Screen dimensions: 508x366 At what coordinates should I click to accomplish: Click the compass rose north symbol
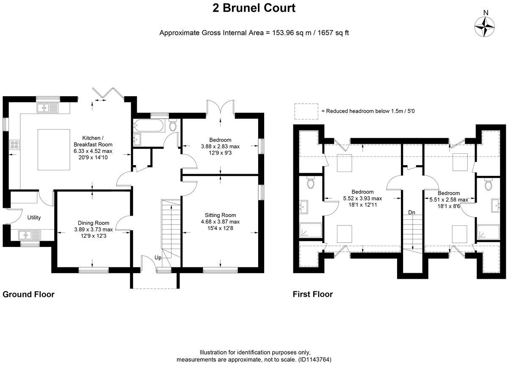pos(484,27)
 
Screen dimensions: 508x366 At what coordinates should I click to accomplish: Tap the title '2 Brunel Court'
pos(254,8)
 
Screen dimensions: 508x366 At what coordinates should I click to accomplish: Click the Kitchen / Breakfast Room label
pos(93,141)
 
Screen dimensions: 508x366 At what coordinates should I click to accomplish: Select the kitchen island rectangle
pos(54,150)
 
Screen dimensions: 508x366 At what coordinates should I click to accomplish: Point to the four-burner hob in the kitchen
pos(14,144)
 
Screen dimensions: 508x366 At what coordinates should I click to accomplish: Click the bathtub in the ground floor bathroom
pos(149,125)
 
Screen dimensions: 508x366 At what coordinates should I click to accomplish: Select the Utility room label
pos(34,217)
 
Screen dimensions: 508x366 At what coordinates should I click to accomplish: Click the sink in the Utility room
pos(30,235)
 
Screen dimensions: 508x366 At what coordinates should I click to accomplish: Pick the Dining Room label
pos(94,223)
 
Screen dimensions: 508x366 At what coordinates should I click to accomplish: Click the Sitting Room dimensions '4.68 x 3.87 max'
pos(220,222)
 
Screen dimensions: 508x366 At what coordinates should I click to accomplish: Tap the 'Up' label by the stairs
pos(158,258)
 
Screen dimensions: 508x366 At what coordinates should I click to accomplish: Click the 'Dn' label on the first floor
pos(411,212)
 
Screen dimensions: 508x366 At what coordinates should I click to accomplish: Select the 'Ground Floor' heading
pos(29,294)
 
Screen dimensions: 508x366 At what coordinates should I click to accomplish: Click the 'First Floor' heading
pos(313,294)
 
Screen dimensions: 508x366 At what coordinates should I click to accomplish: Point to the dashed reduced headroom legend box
pos(306,111)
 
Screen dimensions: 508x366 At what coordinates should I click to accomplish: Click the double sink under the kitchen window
pos(47,108)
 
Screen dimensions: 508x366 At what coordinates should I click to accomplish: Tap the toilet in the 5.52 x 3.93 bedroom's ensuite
pos(310,182)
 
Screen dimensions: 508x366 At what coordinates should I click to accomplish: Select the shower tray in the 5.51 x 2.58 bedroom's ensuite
pos(489,232)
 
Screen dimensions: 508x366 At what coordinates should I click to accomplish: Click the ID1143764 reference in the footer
pos(315,359)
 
